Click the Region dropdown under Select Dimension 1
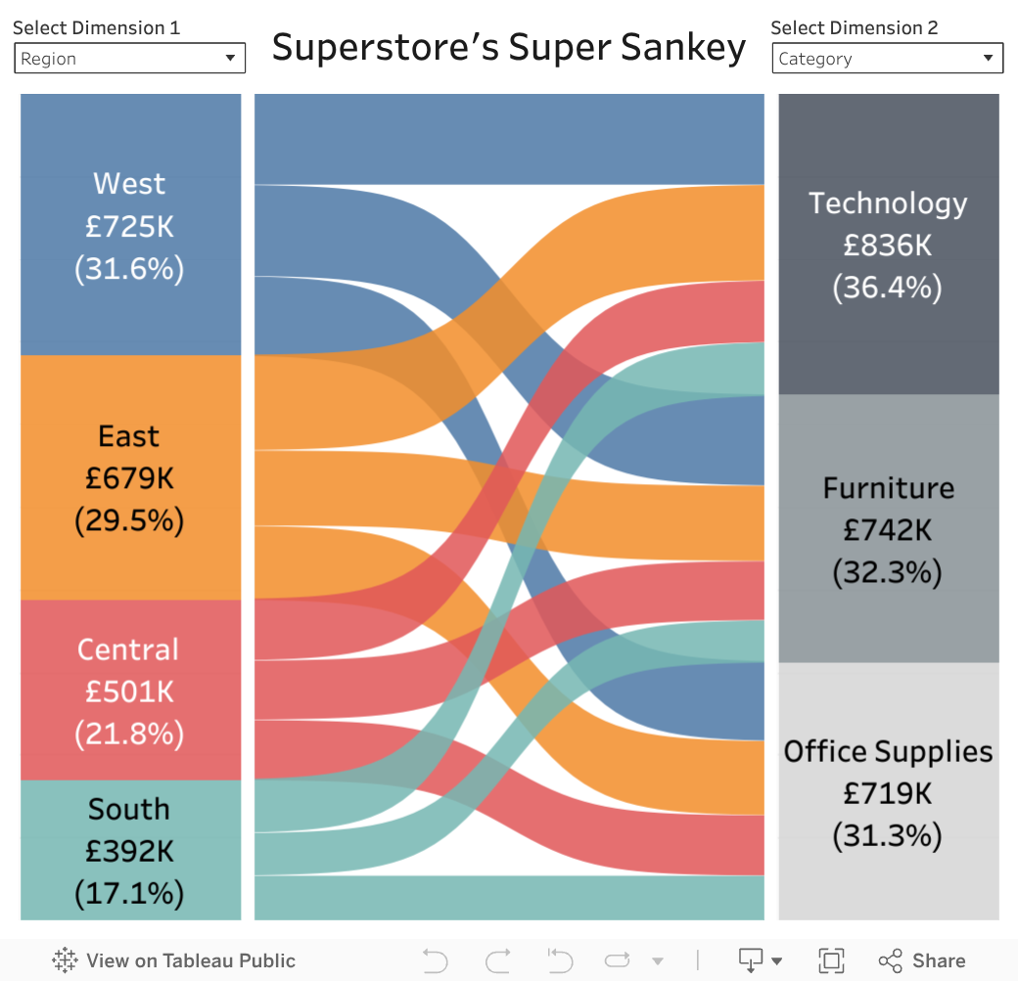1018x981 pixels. pyautogui.click(x=129, y=59)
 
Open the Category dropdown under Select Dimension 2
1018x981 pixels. pyautogui.click(x=887, y=59)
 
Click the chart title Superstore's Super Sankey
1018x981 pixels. pyautogui.click(x=509, y=47)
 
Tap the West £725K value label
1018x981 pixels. pyautogui.click(x=129, y=226)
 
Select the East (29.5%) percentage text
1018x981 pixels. pyautogui.click(x=129, y=520)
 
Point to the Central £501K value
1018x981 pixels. pyautogui.click(x=129, y=691)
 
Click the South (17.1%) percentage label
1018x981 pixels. pyautogui.click(x=129, y=893)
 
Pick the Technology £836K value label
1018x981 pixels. pyautogui.click(x=888, y=245)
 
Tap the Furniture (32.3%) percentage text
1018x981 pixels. pyautogui.click(x=888, y=572)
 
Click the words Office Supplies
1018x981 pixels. pyautogui.click(x=888, y=751)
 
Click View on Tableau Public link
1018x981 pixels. pyautogui.click(x=174, y=960)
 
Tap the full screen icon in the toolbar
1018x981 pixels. pyautogui.click(x=831, y=960)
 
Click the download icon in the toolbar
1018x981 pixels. pyautogui.click(x=752, y=960)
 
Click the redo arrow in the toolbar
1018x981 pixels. pyautogui.click(x=498, y=960)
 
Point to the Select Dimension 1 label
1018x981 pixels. pyautogui.click(x=96, y=27)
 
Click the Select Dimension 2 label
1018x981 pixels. pyautogui.click(x=854, y=27)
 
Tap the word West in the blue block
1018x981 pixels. pyautogui.click(x=129, y=183)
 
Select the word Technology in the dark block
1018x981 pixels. pyautogui.click(x=888, y=202)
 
